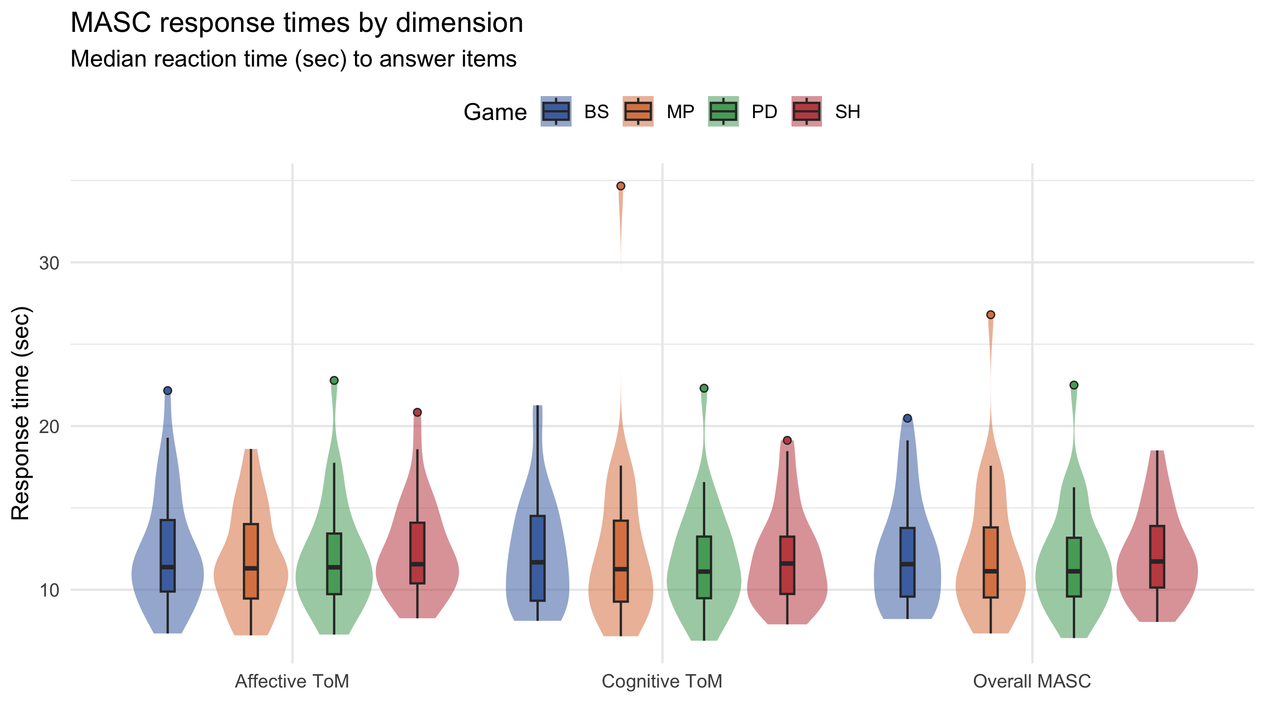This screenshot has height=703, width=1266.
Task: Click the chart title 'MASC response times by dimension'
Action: (x=296, y=22)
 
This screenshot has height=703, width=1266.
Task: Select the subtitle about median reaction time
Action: (x=294, y=59)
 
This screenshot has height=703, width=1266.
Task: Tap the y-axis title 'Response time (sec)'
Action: (x=21, y=413)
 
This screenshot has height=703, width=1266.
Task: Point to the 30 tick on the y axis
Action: (x=49, y=263)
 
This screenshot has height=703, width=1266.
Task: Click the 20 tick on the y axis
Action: (x=49, y=426)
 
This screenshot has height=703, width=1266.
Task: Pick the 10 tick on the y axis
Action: (x=49, y=590)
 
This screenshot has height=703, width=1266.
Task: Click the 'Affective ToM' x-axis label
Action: (x=292, y=681)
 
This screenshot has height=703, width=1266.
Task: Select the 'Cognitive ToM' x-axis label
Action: (x=662, y=681)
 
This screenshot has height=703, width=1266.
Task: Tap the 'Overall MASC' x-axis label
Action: (x=1032, y=681)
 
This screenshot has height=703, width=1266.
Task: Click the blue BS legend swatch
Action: (x=556, y=112)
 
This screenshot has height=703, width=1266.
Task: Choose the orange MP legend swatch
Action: (x=638, y=112)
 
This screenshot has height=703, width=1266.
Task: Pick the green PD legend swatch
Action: (x=723, y=112)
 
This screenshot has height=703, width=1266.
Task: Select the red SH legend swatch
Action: (x=806, y=112)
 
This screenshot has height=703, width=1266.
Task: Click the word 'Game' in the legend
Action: (x=495, y=112)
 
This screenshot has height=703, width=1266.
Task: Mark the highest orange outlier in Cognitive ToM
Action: (x=621, y=186)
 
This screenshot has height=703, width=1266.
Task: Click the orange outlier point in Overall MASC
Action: (x=991, y=314)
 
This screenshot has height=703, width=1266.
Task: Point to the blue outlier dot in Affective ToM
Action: (x=167, y=390)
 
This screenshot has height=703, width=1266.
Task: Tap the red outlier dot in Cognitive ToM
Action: (x=787, y=440)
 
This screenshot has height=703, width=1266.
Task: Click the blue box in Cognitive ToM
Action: (x=538, y=558)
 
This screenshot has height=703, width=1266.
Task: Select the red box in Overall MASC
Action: (x=1157, y=557)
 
